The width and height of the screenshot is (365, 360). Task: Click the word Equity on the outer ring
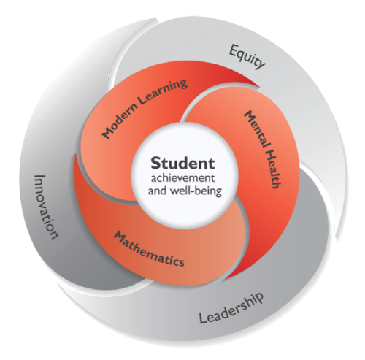coord(247,57)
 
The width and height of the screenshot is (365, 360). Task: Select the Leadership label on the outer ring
coord(231,308)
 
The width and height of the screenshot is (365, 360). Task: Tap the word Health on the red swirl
coord(273,169)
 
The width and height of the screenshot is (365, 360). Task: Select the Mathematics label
coord(149,249)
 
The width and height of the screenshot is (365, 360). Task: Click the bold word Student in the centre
coord(183,163)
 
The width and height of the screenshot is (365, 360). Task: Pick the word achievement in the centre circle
coord(183,178)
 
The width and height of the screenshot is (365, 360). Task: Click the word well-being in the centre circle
coord(196,191)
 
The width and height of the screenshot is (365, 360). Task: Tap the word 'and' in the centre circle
coord(158,191)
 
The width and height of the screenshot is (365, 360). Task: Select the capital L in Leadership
coord(202,318)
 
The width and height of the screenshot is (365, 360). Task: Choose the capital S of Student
coord(155,163)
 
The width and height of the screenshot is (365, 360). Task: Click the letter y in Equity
coord(261,64)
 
